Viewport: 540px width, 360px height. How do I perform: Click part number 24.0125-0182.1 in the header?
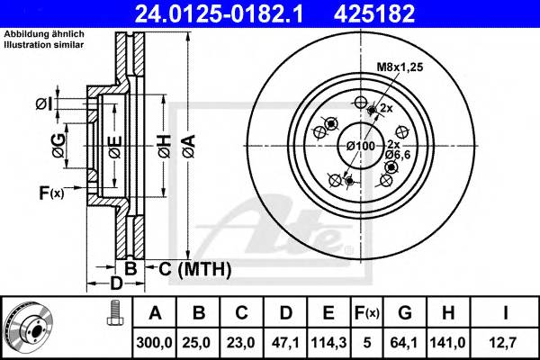coord(238,13)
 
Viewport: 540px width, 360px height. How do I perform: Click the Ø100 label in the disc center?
coord(358,145)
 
